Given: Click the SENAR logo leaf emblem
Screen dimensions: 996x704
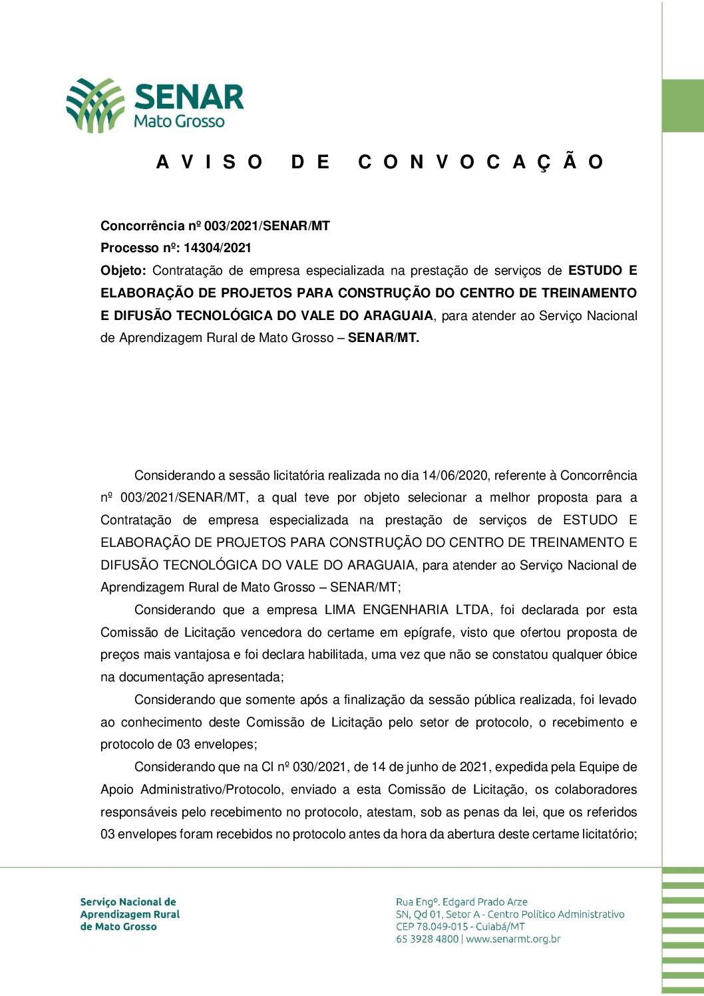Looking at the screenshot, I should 95,104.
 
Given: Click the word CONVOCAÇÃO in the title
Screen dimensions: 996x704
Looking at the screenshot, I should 480,162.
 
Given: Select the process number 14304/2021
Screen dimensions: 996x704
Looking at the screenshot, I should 218,248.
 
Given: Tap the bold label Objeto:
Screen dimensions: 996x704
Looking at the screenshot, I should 123,271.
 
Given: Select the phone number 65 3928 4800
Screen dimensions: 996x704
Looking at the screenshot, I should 427,939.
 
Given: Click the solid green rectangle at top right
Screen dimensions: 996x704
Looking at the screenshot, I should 683,106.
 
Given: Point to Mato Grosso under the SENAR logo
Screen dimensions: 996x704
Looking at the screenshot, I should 179,122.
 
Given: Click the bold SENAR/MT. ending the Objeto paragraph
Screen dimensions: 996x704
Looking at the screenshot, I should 383,338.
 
